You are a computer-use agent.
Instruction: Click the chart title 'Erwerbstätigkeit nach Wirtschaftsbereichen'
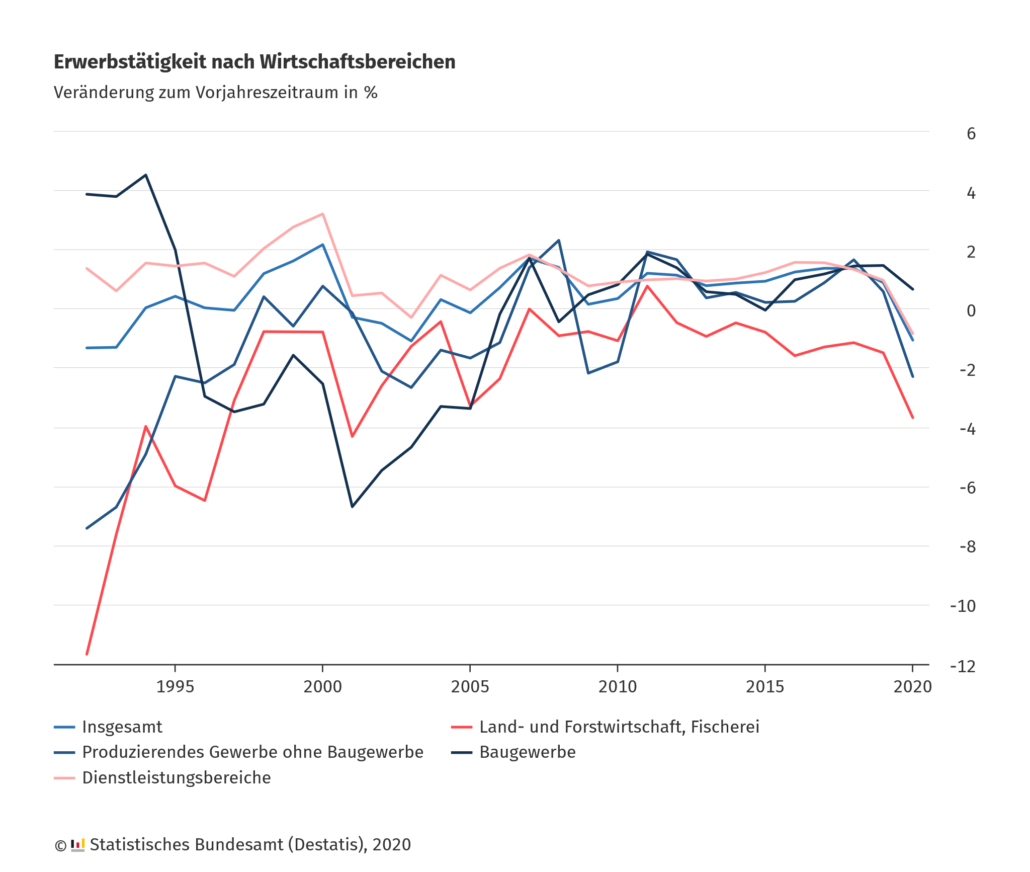click(x=254, y=62)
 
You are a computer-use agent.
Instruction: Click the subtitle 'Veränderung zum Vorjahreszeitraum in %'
click(x=215, y=93)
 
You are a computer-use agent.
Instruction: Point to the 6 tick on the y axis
click(x=971, y=133)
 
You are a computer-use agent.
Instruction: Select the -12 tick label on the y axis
click(x=962, y=666)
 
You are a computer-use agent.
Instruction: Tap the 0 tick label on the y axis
click(x=971, y=310)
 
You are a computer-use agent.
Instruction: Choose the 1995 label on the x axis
click(x=175, y=687)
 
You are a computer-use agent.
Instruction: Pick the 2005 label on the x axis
click(x=470, y=687)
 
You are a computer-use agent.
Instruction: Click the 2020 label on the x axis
click(x=912, y=687)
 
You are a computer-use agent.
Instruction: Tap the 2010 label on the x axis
click(x=617, y=687)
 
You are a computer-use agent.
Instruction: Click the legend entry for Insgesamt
click(x=122, y=727)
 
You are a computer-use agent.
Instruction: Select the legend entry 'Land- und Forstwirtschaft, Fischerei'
click(x=619, y=727)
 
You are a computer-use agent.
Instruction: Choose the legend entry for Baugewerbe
click(x=527, y=752)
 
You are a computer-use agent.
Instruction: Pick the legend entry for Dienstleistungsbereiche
click(x=176, y=778)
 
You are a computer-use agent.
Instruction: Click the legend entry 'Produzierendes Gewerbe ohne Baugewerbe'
click(x=252, y=752)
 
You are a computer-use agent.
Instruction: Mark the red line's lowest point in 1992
click(x=87, y=654)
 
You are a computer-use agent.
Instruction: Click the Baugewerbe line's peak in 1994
click(x=146, y=175)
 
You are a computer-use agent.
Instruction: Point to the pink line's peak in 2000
click(x=322, y=214)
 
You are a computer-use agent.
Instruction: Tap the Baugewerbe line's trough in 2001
click(x=352, y=507)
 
